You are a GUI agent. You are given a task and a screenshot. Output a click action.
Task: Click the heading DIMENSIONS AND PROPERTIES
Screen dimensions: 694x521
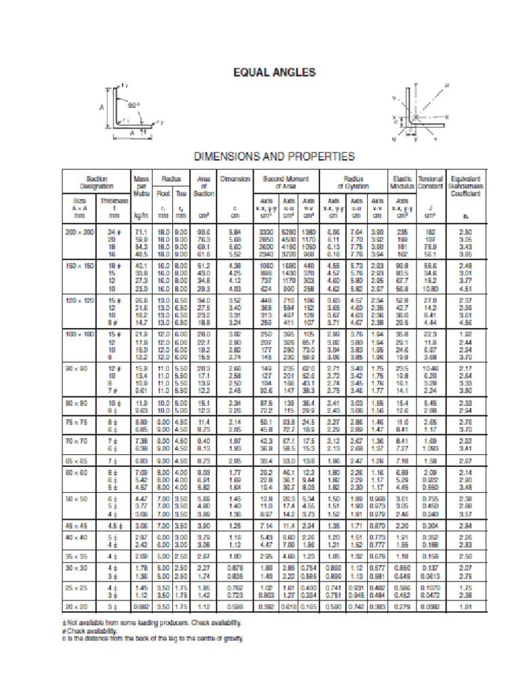274,157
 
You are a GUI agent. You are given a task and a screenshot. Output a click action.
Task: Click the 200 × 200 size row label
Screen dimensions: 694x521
79,232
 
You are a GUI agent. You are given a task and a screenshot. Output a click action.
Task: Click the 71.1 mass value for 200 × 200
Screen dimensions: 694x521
141,232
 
